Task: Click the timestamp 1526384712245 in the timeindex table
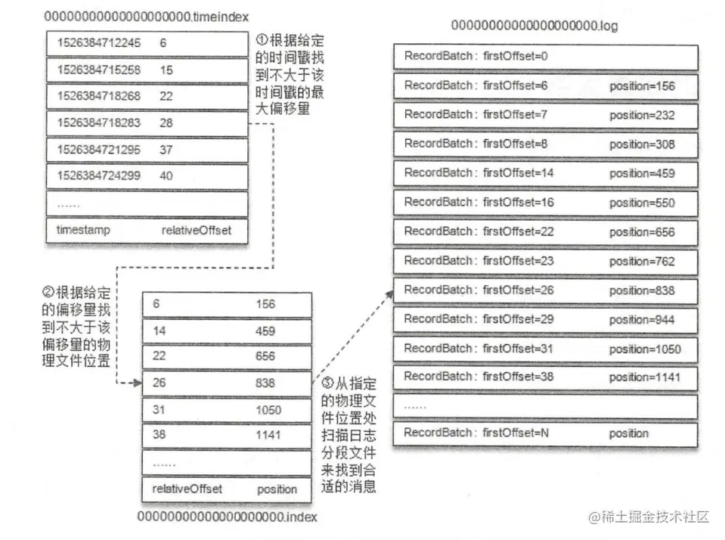coord(98,43)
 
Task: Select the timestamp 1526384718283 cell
coord(98,123)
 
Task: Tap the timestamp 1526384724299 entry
coord(98,175)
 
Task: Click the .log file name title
coord(534,25)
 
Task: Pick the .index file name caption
coord(227,517)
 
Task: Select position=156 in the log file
coord(642,86)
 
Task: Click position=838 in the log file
coord(642,290)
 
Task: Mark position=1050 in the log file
coord(645,349)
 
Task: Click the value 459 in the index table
coord(265,331)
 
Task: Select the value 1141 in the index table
coord(268,435)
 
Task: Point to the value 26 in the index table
coord(159,383)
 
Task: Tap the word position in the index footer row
coord(277,489)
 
